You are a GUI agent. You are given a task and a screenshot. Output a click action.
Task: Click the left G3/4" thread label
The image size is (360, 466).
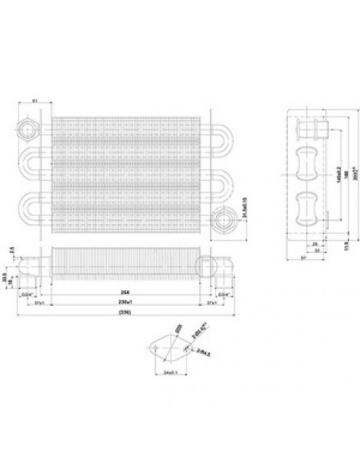27,294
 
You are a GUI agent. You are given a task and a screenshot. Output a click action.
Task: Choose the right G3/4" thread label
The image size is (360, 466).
222,294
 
